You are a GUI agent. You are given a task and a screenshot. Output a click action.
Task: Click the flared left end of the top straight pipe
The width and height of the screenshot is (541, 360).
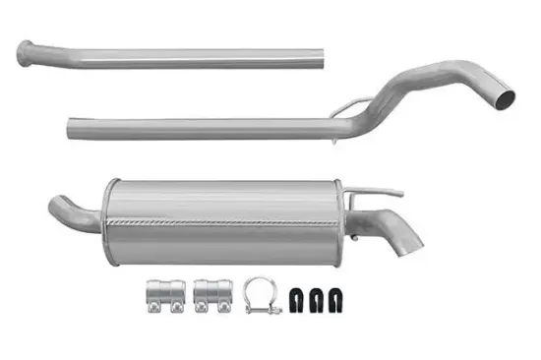click(27, 51)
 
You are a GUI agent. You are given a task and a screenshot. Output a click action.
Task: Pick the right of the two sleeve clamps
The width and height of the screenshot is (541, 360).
click(210, 298)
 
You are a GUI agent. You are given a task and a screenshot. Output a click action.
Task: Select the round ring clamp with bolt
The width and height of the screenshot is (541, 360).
click(261, 295)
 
